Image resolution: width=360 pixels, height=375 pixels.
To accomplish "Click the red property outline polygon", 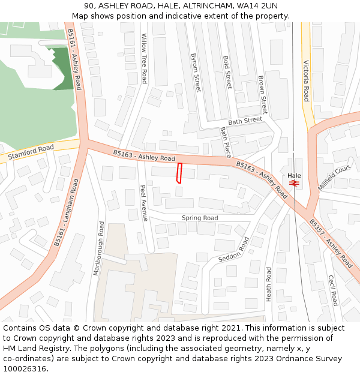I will click(x=179, y=172).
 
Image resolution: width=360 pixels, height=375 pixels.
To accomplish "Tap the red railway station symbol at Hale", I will click(x=294, y=182).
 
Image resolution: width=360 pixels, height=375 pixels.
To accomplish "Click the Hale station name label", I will click(x=294, y=175).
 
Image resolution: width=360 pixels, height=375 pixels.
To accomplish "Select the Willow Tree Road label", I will click(x=144, y=58).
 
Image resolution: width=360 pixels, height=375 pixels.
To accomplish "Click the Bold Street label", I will click(x=227, y=72).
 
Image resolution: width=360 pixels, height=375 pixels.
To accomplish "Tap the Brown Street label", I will click(x=262, y=94).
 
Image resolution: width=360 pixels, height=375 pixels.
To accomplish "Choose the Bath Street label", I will click(x=245, y=120).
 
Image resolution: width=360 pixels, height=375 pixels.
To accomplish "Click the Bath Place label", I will click(x=225, y=142).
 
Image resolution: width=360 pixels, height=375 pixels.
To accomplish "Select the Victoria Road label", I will click(x=306, y=80).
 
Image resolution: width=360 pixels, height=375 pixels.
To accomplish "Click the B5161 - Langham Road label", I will click(x=66, y=212).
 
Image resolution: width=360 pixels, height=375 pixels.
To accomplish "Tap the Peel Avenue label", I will click(x=143, y=202).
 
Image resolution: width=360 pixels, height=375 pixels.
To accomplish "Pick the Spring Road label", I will click(x=200, y=218).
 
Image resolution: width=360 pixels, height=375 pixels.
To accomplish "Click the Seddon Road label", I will click(x=233, y=250).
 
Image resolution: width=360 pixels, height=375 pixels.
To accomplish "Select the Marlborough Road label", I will click(x=99, y=248).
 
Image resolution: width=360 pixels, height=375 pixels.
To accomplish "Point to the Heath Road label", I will click(x=269, y=284).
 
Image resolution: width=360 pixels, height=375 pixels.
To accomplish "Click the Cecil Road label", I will click(x=332, y=290).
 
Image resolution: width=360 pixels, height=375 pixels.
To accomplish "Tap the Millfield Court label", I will click(x=334, y=178).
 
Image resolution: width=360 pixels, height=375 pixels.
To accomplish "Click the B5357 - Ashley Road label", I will click(x=331, y=243).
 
